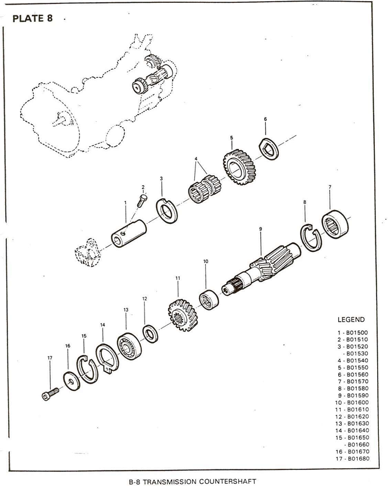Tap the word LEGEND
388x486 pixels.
[351, 319]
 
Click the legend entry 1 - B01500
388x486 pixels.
[353, 331]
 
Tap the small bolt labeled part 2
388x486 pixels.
[142, 201]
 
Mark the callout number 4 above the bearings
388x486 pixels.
[196, 159]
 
